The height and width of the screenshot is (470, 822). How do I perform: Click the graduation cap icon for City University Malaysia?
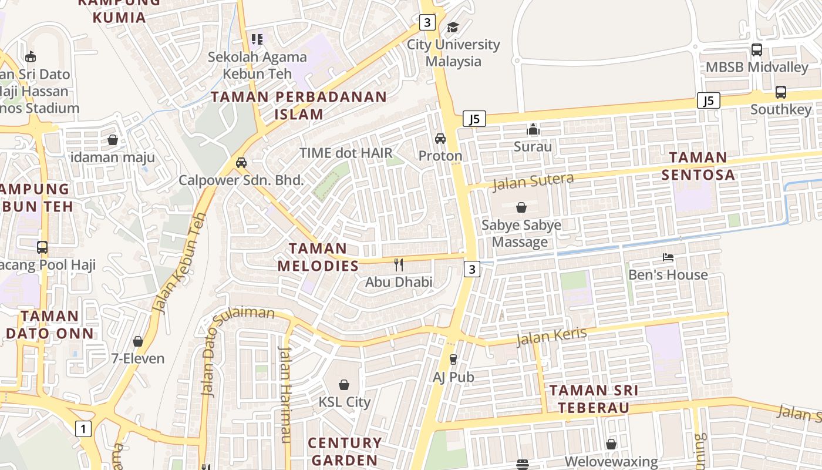(x=453, y=27)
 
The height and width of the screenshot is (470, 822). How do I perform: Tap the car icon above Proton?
(x=440, y=139)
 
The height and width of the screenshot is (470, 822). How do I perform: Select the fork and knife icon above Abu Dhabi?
(x=399, y=264)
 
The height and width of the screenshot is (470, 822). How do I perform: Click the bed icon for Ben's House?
(x=668, y=257)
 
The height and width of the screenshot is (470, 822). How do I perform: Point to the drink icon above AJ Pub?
(x=453, y=359)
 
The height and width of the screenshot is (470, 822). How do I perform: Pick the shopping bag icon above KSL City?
(x=344, y=385)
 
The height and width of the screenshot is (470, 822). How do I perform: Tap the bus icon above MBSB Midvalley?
(x=756, y=50)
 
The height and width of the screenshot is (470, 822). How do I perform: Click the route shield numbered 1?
(x=83, y=429)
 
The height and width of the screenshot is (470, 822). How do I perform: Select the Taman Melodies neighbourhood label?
(x=318, y=257)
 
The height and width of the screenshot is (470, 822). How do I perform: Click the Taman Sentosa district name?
(x=698, y=166)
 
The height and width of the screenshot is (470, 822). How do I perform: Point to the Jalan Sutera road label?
(x=533, y=182)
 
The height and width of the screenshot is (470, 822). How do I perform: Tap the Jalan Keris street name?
(x=551, y=337)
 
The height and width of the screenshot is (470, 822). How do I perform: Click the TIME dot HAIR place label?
(x=346, y=153)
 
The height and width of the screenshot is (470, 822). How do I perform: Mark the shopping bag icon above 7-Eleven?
(x=138, y=341)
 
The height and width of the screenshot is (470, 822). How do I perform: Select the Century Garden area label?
(x=345, y=451)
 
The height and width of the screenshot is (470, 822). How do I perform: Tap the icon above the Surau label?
(x=533, y=129)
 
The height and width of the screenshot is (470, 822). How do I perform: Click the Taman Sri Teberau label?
(x=594, y=398)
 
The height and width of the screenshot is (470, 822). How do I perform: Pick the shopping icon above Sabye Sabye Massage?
(x=521, y=207)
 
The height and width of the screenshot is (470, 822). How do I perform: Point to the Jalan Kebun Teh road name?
(x=179, y=263)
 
